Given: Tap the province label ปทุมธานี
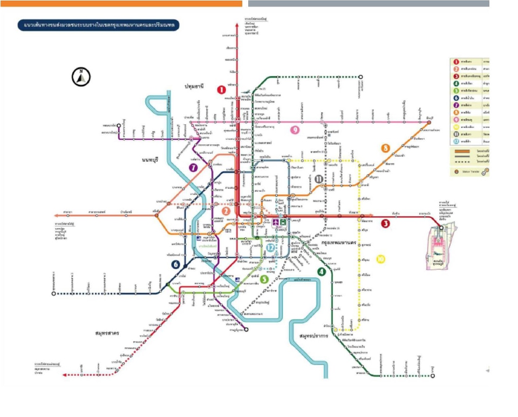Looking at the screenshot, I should click(x=197, y=86).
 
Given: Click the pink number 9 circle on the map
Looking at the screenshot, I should click(x=295, y=130).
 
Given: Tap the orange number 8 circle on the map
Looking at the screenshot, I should click(x=385, y=148).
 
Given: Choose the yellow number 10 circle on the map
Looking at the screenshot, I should click(x=381, y=259).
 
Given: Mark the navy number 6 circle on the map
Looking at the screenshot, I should click(x=175, y=264).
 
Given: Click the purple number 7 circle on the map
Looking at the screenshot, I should click(x=193, y=168).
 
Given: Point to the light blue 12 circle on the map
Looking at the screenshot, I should click(x=270, y=247).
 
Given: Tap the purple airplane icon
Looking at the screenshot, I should click(x=277, y=222).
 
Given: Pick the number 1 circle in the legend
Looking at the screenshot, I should click(x=456, y=62).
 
